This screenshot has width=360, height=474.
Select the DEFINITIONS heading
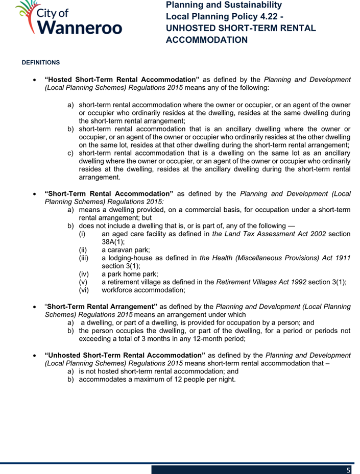(x=40, y=63)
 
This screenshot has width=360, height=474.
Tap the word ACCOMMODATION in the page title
(x=207, y=40)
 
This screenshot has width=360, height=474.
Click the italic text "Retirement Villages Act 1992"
(x=259, y=282)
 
